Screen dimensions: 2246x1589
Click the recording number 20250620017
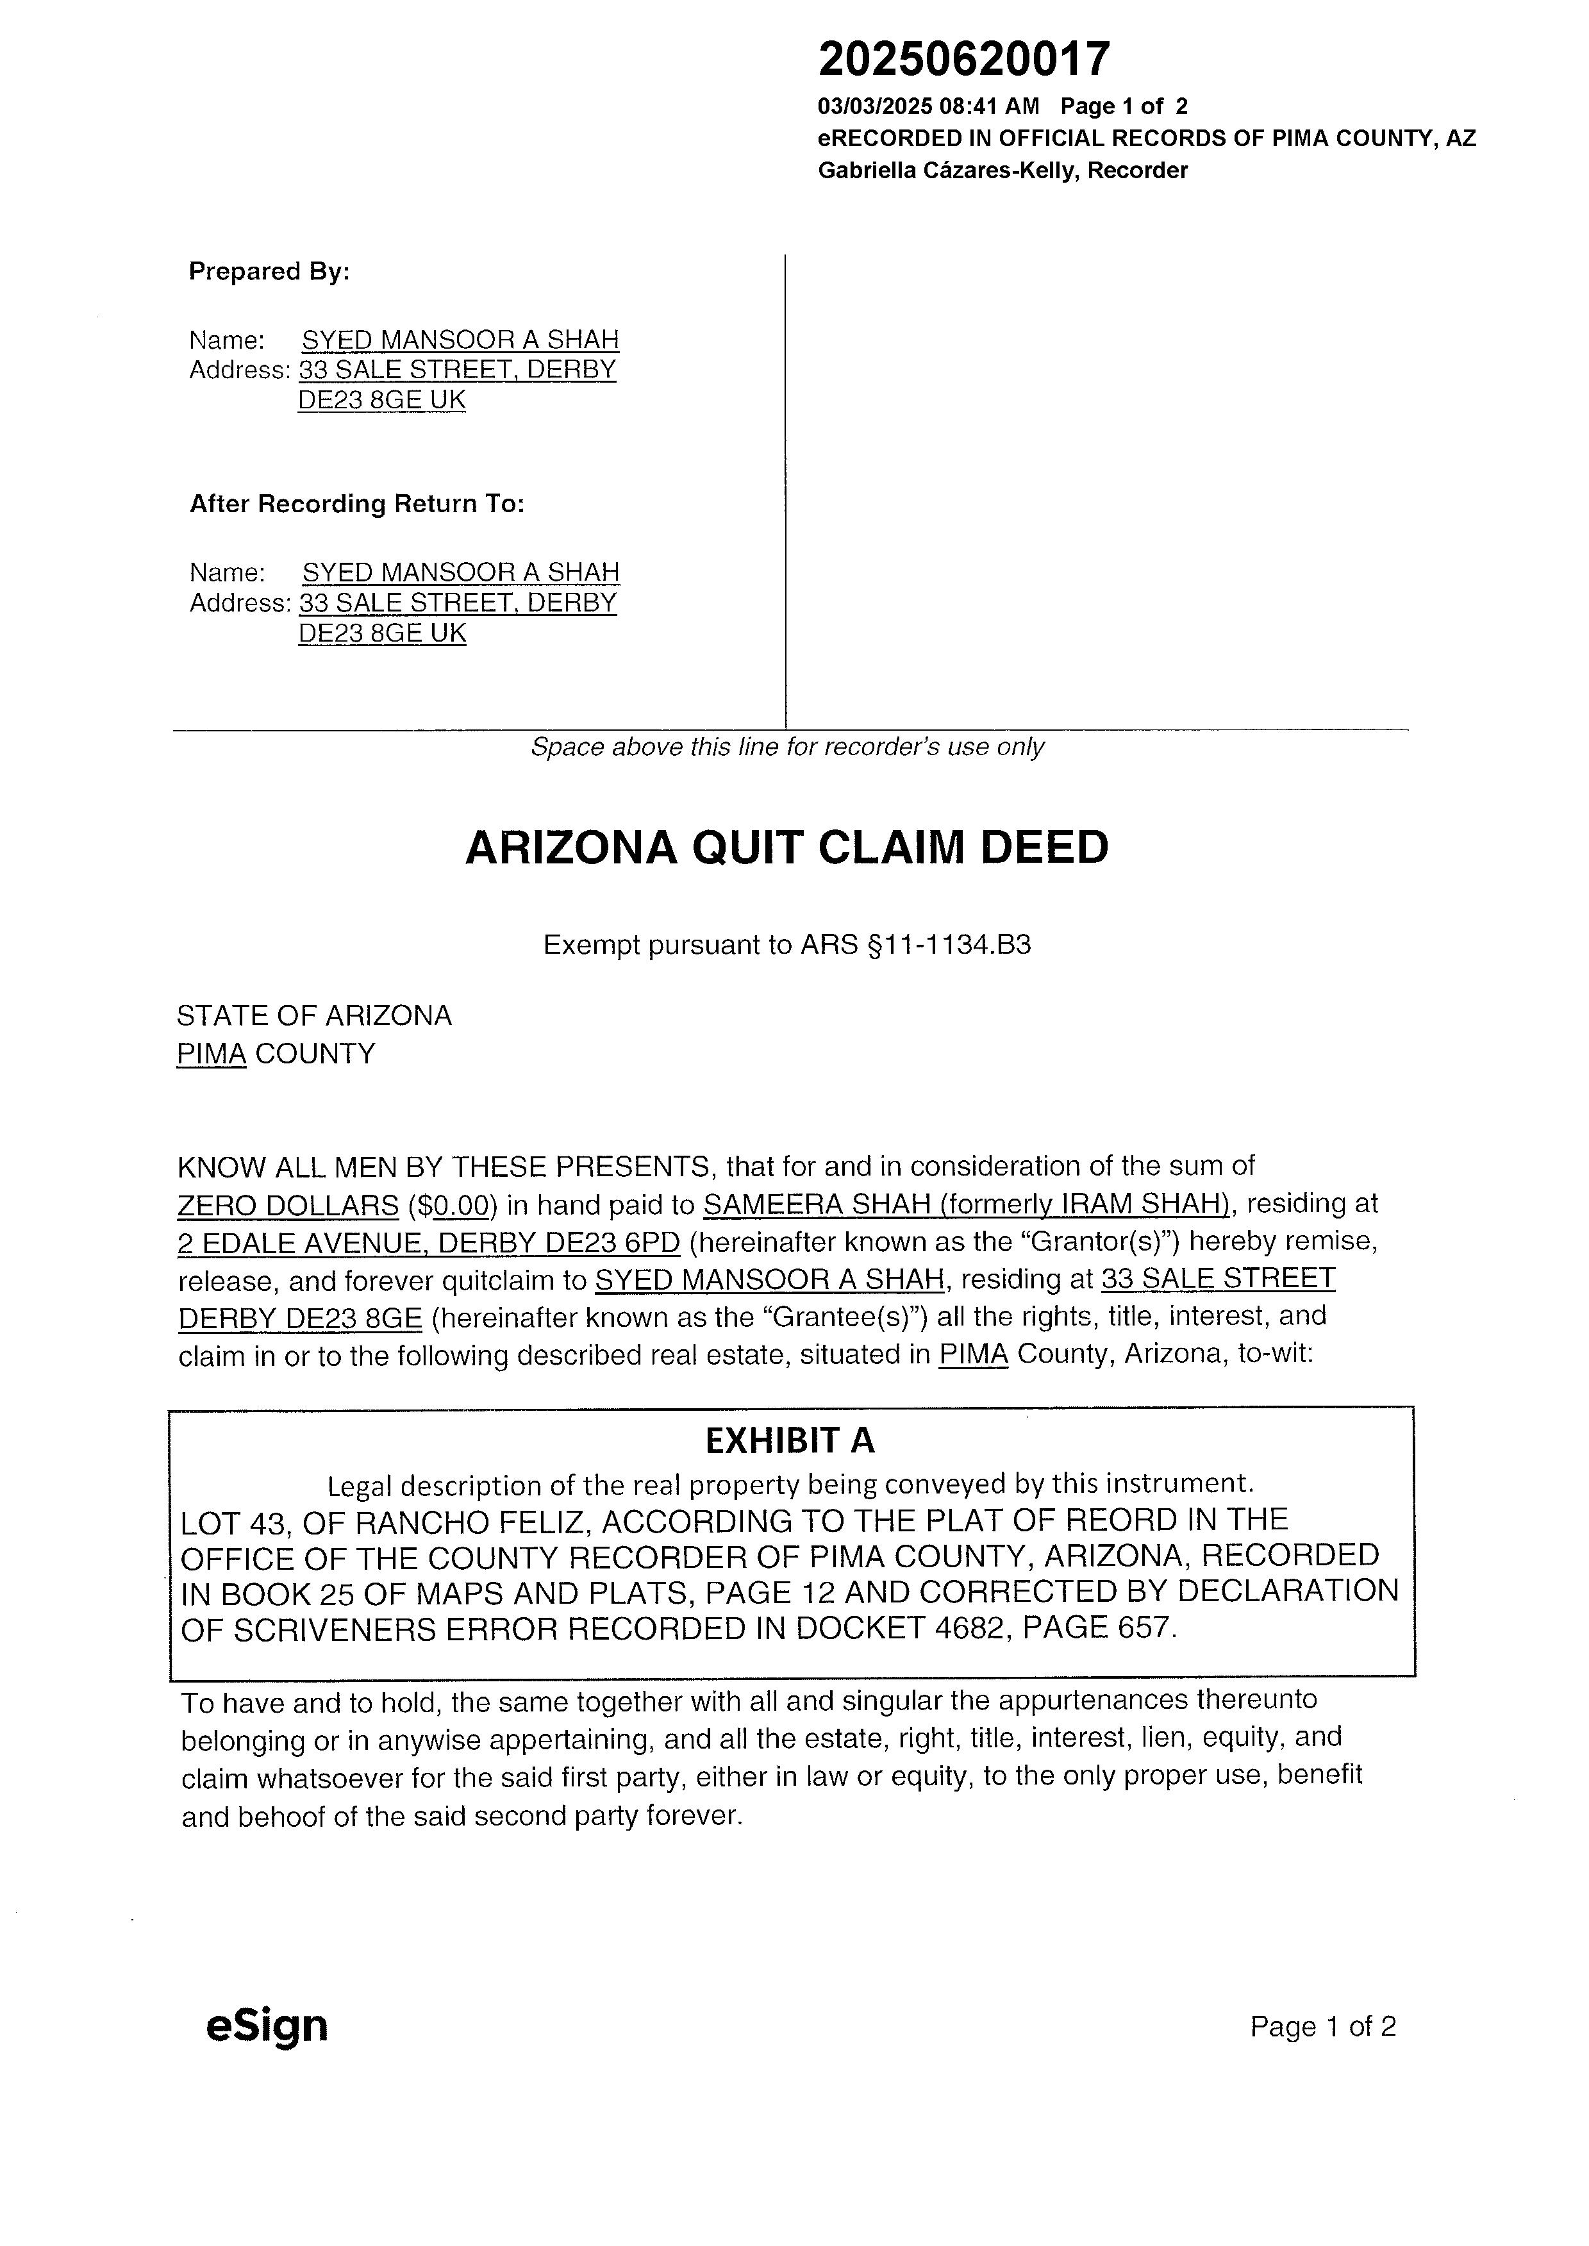coord(964,60)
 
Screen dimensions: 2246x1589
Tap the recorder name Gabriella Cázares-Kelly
coord(948,171)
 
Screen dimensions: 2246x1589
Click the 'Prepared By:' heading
coord(269,271)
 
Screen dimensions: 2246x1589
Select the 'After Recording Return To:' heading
coord(357,504)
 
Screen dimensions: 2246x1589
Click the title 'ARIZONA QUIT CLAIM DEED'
coord(786,847)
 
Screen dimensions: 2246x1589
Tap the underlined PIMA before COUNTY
coord(210,1054)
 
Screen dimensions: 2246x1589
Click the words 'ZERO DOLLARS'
coord(288,1205)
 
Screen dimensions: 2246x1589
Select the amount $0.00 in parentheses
coord(453,1205)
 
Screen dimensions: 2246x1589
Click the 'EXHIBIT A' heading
coord(790,1440)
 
